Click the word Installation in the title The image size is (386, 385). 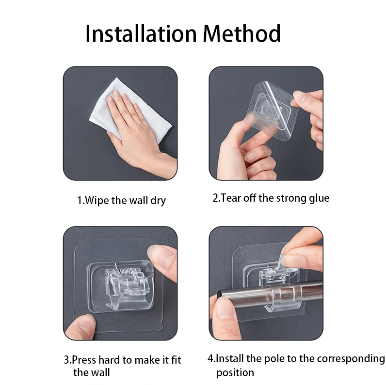[141, 34]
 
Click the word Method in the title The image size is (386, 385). [242, 33]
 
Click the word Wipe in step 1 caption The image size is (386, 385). [97, 200]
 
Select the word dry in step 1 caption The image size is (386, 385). [158, 201]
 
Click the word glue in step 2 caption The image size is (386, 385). [319, 198]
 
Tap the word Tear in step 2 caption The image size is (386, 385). [230, 198]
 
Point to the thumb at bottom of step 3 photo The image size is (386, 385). [80, 327]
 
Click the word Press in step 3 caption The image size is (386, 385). [84, 360]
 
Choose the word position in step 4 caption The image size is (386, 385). [235, 373]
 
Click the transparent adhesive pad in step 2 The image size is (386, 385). [273, 111]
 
